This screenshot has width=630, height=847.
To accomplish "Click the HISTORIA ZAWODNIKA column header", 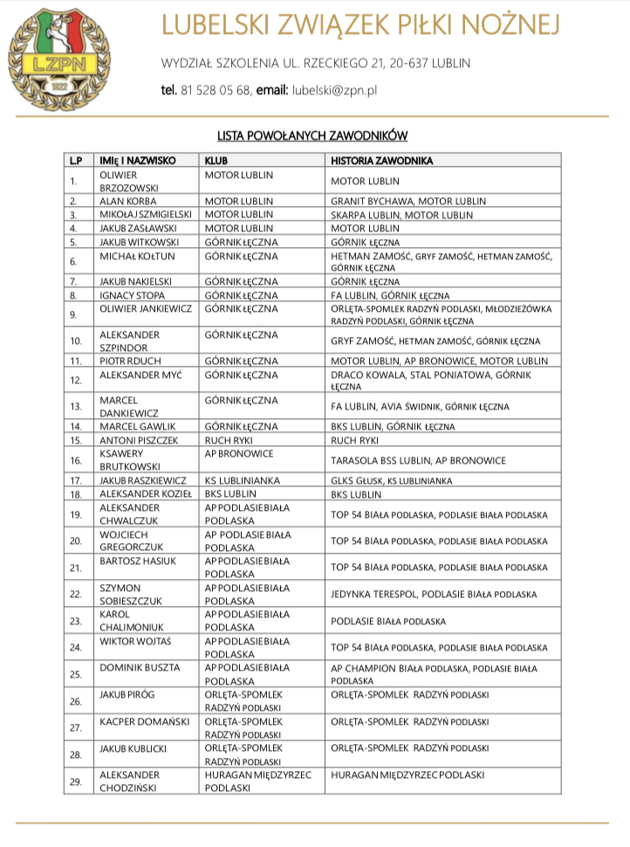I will (382, 162).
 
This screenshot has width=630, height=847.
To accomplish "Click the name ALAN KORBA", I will (127, 201).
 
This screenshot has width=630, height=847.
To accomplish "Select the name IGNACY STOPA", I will (132, 294).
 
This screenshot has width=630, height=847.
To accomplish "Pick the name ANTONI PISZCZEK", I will (139, 440).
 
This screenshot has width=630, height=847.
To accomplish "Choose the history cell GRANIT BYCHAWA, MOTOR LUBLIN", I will (408, 201).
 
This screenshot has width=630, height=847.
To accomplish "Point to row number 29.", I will (76, 782).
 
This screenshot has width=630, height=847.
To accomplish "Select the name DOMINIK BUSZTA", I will (140, 668).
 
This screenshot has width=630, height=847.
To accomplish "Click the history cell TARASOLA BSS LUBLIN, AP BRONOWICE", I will (418, 460).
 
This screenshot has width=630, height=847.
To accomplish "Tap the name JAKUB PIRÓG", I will (128, 695).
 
